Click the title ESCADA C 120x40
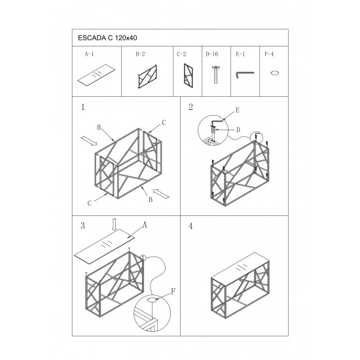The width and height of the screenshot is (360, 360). click(x=107, y=38)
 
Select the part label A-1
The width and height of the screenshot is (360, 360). click(x=89, y=54)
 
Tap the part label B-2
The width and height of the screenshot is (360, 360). click(x=140, y=54)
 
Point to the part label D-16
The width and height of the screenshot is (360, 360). click(x=211, y=54)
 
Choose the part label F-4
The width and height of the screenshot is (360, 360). click(x=269, y=54)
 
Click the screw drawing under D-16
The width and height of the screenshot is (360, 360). click(x=215, y=75)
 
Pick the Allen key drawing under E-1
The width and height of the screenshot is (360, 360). click(x=245, y=74)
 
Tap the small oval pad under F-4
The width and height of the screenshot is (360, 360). click(x=274, y=73)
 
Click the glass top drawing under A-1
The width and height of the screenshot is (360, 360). click(x=96, y=74)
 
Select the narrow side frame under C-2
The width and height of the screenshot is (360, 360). click(x=188, y=75)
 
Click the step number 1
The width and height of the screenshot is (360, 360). click(x=83, y=107)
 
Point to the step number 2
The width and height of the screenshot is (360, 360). click(x=190, y=107)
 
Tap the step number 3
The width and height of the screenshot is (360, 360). click(x=82, y=225)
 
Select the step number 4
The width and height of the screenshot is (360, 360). click(x=190, y=226)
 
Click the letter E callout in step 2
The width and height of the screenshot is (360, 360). click(x=238, y=110)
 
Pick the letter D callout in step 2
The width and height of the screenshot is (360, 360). click(x=238, y=130)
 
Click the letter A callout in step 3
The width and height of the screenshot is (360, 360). click(x=145, y=225)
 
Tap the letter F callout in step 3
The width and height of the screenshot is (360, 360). click(x=173, y=291)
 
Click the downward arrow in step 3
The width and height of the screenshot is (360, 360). click(x=115, y=225)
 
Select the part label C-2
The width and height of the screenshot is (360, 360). click(x=181, y=54)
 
